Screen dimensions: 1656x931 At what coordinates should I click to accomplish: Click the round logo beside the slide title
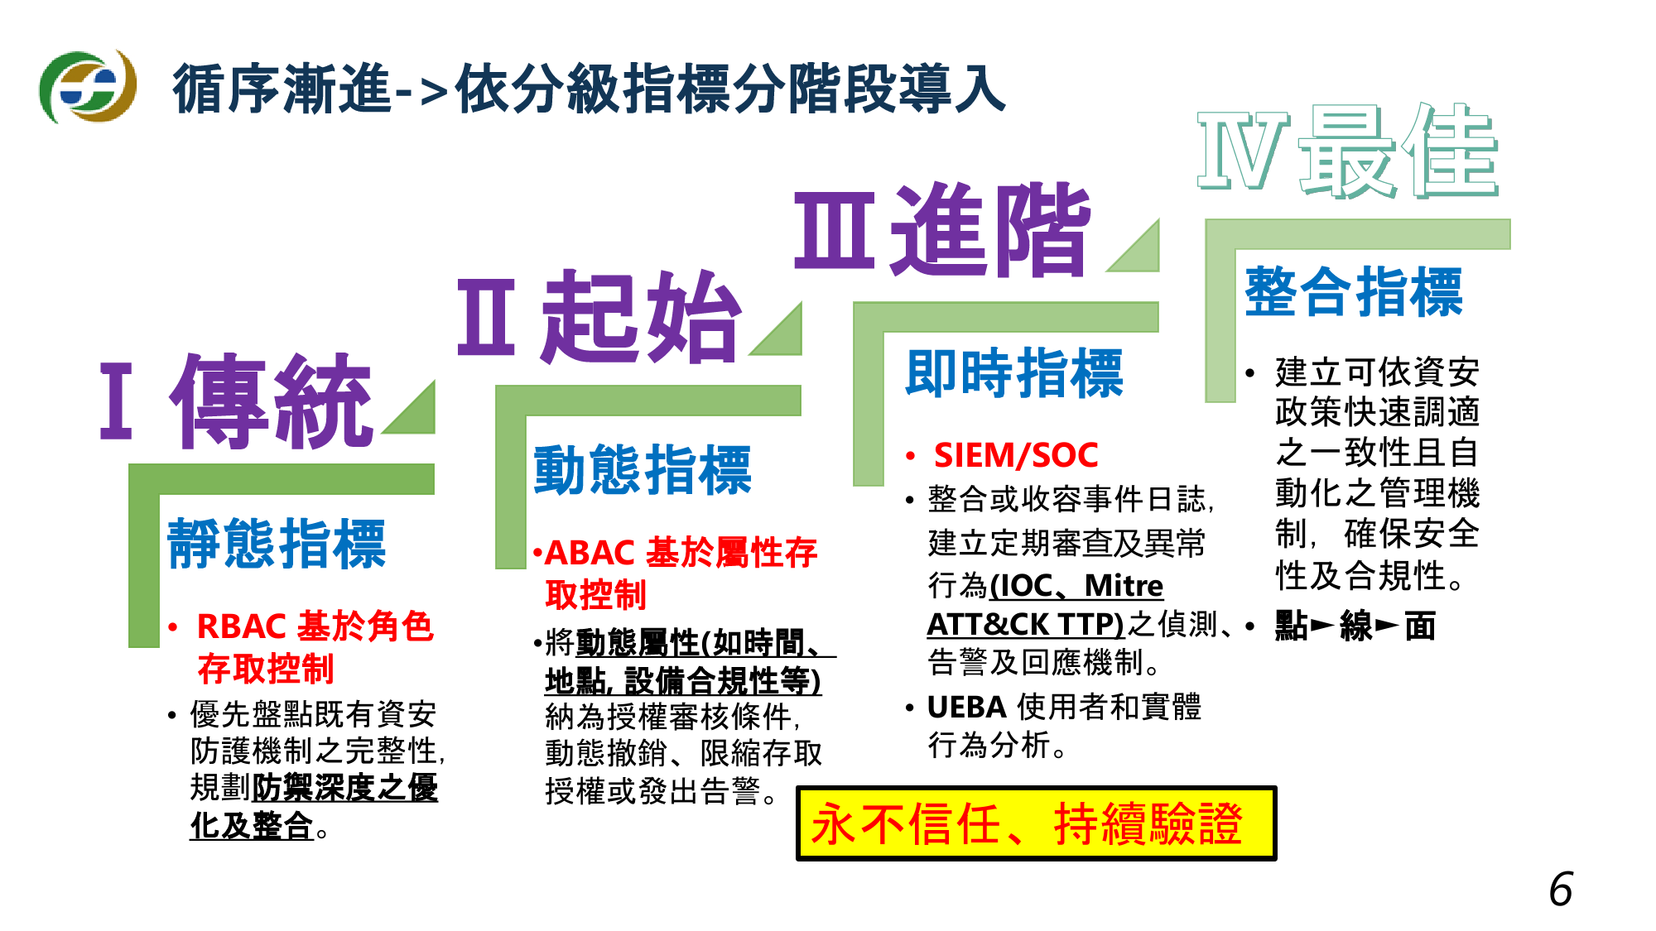88,86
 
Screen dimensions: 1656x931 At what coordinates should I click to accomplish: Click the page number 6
1561,890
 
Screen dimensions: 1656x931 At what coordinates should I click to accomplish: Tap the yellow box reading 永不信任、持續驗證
1036,823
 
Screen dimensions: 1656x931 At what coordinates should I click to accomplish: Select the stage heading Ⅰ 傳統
237,401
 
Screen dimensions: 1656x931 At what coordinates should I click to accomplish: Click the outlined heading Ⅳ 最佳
1348,152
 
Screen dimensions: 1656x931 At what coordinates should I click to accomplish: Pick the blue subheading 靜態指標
277,544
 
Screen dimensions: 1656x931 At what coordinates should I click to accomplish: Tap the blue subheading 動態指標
643,470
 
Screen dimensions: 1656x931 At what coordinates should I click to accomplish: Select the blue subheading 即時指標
1014,373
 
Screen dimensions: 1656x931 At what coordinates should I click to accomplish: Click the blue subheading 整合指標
1354,292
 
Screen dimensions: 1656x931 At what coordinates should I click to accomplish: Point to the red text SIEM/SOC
1016,455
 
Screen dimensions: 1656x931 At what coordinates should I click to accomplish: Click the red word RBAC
242,626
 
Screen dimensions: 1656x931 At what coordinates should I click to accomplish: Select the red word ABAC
590,552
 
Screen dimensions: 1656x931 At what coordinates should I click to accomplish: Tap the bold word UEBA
966,707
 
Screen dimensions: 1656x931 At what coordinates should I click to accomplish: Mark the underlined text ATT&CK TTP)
1025,624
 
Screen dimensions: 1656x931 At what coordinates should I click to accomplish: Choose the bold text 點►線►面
1355,626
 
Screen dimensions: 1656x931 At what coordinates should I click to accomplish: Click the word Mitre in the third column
1124,585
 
